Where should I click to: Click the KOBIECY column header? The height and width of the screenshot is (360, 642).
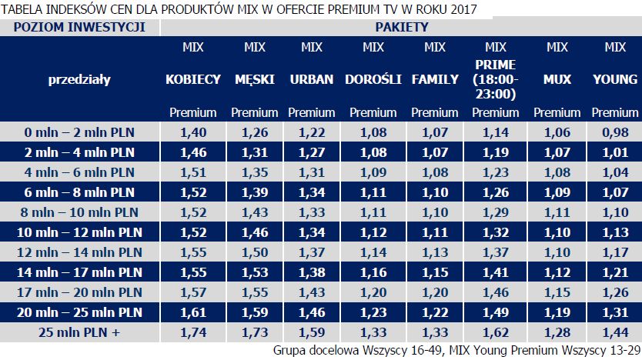193,79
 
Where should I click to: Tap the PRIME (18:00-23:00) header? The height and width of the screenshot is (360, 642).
496,79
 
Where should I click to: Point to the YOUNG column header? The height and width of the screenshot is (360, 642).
615,79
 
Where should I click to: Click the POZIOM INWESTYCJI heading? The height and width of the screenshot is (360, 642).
80,28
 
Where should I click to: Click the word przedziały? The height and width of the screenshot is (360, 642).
79,79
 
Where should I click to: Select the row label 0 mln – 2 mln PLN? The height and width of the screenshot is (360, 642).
80,132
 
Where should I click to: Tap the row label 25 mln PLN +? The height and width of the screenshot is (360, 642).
80,333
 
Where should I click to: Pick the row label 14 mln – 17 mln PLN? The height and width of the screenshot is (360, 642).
80,272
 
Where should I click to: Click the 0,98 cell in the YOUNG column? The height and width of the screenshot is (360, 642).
615,132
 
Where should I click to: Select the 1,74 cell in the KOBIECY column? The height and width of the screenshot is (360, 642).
193,333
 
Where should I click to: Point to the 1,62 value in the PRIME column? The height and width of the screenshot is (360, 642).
496,333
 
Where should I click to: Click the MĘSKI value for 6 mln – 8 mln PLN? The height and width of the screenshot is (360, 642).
255,192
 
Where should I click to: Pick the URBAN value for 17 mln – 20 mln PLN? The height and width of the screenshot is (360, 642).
312,292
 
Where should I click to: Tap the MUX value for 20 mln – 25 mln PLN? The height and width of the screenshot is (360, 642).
557,313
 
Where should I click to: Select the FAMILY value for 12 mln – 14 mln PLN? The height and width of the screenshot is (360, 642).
435,252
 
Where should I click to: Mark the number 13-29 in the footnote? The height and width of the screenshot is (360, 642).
621,351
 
